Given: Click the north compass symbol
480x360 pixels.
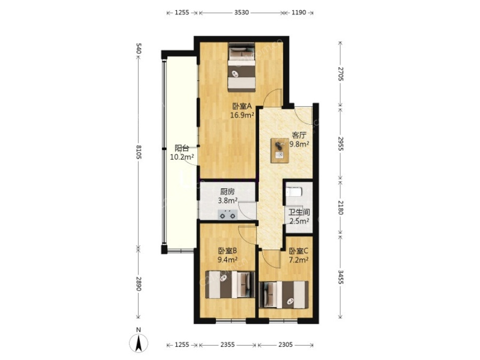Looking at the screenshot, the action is click(139, 341).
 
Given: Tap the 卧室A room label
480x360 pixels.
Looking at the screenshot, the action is click(242, 107).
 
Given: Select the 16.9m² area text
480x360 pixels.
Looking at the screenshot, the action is click(243, 115).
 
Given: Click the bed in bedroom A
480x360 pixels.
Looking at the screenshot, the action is click(242, 67).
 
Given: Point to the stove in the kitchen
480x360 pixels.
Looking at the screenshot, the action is click(228, 214).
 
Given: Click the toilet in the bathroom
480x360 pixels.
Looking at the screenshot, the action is click(294, 191).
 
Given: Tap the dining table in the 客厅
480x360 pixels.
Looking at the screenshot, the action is click(280, 150).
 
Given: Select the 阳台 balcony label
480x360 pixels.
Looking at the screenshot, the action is click(181, 148).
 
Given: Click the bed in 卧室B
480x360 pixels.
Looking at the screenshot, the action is click(230, 284).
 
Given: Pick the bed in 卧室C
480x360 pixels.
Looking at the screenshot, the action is click(284, 294).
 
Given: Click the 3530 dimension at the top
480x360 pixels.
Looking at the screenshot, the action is click(241, 13).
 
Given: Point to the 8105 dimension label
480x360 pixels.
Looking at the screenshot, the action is click(138, 152).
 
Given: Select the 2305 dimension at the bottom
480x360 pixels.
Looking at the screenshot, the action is click(285, 345).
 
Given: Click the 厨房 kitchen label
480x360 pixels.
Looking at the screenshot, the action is click(227, 192).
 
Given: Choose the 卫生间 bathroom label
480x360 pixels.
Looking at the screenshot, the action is click(299, 212).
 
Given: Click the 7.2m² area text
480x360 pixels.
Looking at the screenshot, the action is click(299, 260).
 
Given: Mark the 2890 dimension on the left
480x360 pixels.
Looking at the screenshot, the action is click(138, 284).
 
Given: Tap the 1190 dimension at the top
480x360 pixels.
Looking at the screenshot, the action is click(299, 13).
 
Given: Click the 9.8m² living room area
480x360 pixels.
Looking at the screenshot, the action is click(299, 144).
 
